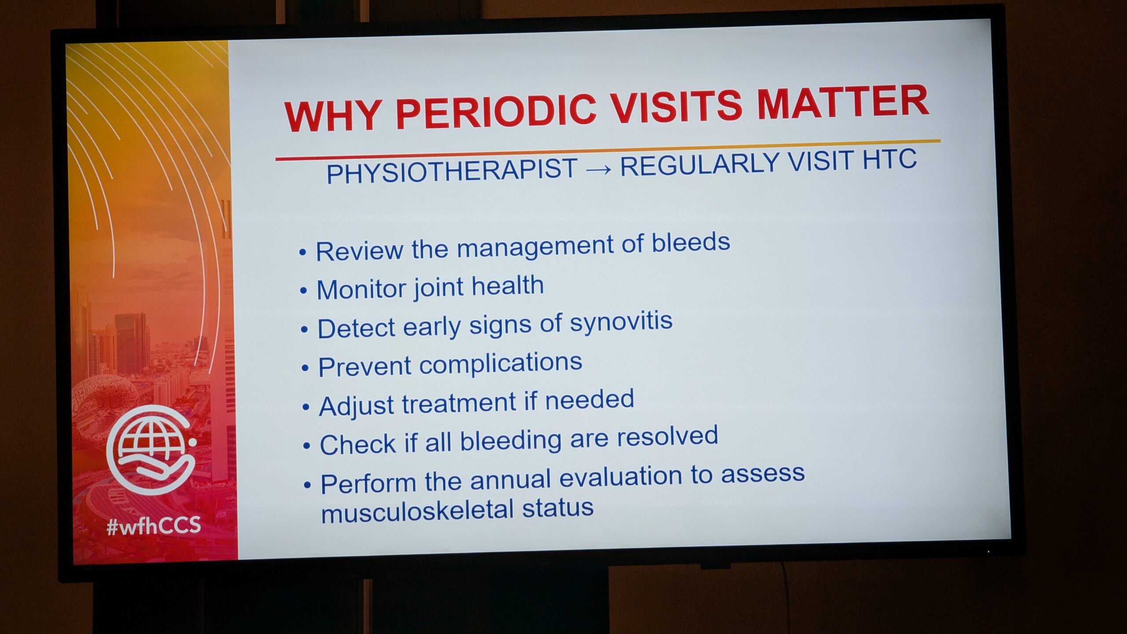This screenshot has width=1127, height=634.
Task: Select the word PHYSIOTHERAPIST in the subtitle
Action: (x=452, y=170)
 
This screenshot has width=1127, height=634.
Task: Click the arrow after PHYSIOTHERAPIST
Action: (x=599, y=169)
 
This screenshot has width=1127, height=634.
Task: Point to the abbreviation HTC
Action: (x=889, y=159)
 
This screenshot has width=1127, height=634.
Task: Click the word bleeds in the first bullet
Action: (x=691, y=243)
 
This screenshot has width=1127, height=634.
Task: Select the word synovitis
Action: (x=621, y=322)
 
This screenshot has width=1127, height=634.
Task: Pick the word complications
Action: (x=501, y=364)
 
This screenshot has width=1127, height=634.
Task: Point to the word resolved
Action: (x=667, y=436)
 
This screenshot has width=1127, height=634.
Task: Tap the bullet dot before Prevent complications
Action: (x=305, y=368)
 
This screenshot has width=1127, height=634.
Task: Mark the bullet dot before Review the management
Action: (x=302, y=252)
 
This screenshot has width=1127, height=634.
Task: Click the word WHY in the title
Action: (x=333, y=115)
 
